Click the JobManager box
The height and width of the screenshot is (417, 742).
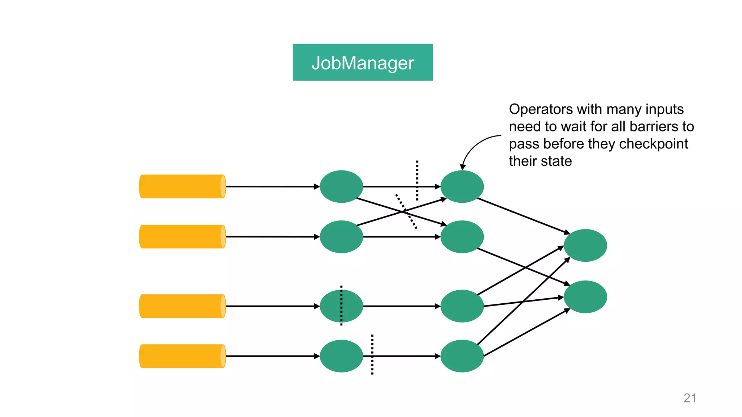click(x=362, y=62)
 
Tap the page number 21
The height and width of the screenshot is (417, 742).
click(x=689, y=398)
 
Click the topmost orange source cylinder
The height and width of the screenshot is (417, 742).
click(x=182, y=186)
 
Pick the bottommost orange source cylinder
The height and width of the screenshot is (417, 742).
click(x=182, y=356)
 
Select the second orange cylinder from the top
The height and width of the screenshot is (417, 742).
click(x=182, y=237)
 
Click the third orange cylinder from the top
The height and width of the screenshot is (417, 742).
click(x=182, y=306)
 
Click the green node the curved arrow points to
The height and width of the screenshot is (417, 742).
click(x=462, y=186)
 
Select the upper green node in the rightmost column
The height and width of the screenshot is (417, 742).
click(x=585, y=245)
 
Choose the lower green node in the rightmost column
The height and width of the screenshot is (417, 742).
click(x=585, y=297)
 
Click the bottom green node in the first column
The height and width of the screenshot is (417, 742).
click(x=341, y=356)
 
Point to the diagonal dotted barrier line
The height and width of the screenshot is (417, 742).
click(x=406, y=211)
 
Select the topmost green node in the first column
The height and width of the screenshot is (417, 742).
click(x=341, y=186)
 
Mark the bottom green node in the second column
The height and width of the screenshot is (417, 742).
click(x=462, y=356)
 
